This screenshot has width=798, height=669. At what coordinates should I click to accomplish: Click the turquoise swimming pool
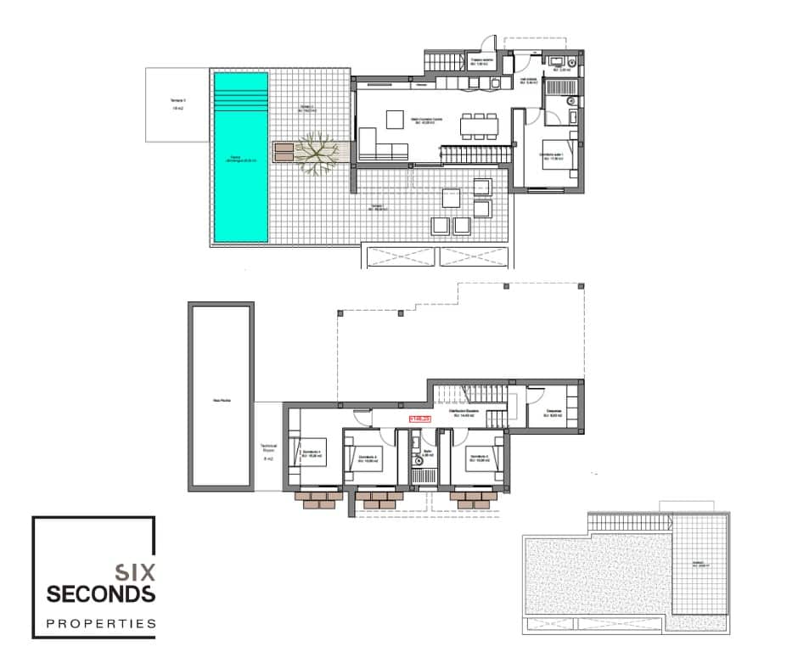coord(242,159)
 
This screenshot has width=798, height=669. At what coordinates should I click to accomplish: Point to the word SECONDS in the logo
coord(101,593)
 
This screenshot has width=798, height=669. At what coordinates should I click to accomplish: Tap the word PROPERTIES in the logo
coord(101,624)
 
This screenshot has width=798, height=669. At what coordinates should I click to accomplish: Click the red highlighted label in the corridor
coord(420,418)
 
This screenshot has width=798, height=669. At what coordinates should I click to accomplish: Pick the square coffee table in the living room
coord(396,119)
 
